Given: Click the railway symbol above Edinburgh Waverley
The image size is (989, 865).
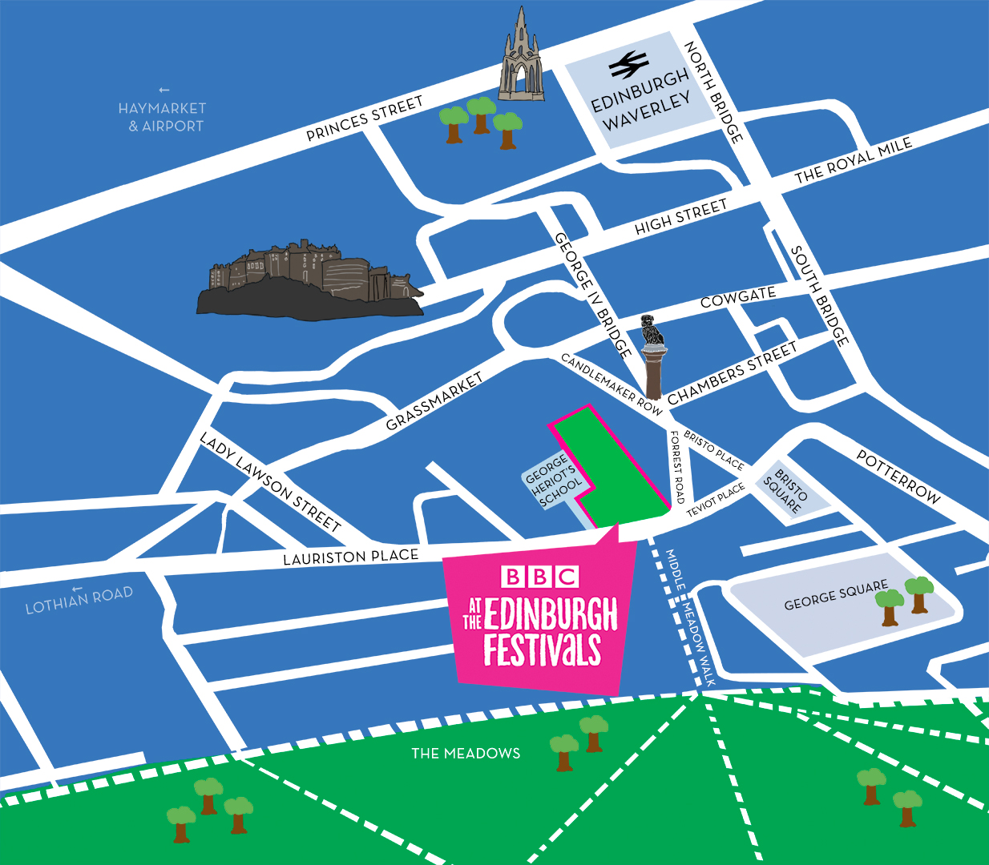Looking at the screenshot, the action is tap(628, 65).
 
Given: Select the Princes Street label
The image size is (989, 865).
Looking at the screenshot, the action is tap(365, 119).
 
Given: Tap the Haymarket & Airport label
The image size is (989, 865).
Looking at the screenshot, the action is tap(163, 117).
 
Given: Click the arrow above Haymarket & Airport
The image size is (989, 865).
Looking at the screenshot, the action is tap(163, 90).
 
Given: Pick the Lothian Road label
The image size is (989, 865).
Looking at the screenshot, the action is tap(79, 601).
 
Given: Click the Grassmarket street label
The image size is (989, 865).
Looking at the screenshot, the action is tap(434, 401).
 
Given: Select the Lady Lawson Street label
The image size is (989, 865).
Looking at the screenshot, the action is tap(270, 482).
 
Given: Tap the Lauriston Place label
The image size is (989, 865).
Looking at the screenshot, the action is tap(350, 557).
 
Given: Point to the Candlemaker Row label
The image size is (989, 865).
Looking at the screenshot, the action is tap(612, 384).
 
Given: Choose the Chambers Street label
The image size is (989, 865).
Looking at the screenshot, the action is tap(732, 373).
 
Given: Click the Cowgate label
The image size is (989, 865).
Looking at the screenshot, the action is tap(737, 297).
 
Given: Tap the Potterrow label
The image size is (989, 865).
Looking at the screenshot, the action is tap(898, 477).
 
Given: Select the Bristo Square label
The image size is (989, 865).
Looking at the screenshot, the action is tap(785, 491).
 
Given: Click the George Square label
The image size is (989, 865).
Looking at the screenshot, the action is tap(836, 595).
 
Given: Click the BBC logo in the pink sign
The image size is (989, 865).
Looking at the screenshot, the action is tap(539, 577).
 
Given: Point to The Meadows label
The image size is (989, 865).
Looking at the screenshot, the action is tap(466, 753).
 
